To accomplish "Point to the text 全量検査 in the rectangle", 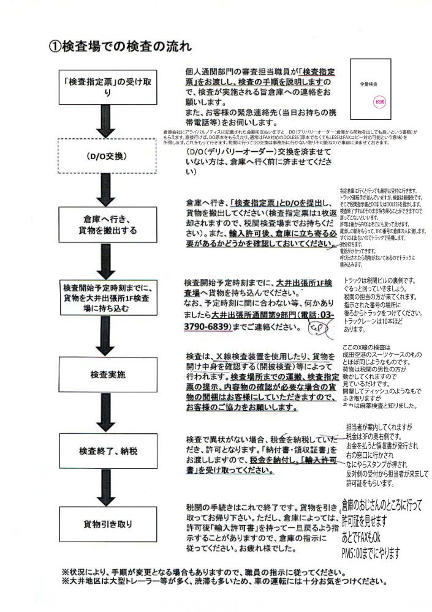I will pyautogui.click(x=369, y=82).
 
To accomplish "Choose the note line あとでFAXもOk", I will pyautogui.click(x=361, y=538).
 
